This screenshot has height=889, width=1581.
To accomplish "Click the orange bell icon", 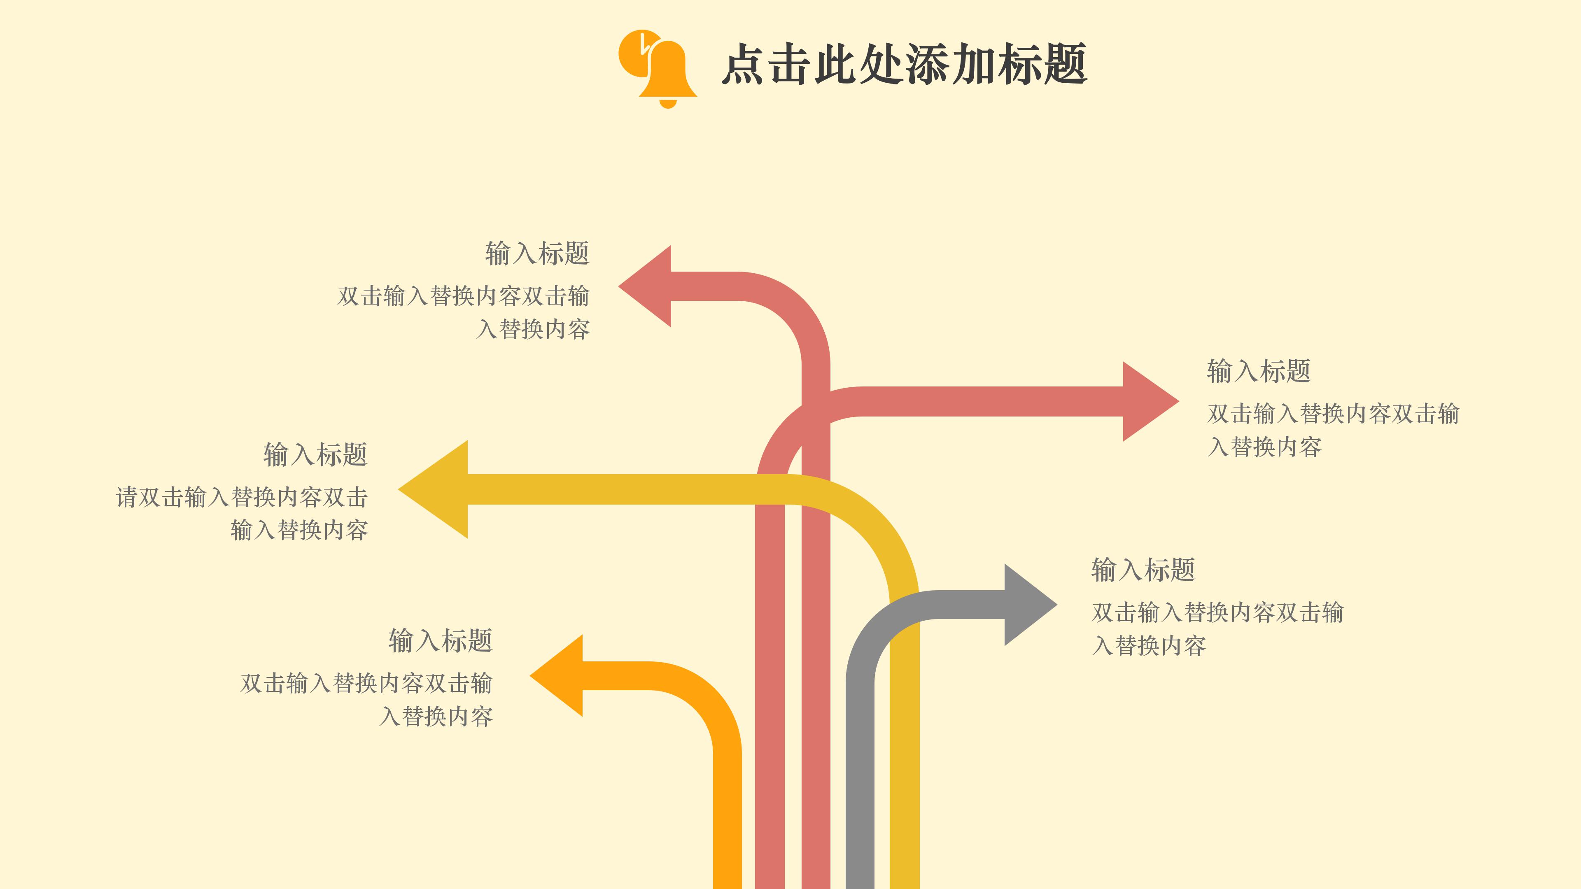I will tap(668, 70).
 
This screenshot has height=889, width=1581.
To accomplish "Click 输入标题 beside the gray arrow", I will tap(1143, 570).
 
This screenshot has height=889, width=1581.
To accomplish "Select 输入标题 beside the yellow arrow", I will tap(315, 455).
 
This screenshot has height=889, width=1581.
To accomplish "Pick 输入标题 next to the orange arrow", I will tap(440, 640).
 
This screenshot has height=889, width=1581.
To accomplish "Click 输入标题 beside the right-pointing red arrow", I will tap(1258, 371).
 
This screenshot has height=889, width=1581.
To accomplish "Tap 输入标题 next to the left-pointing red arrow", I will tap(537, 254).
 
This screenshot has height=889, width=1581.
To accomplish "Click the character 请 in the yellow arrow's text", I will tap(126, 497).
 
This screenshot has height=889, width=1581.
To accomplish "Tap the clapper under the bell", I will tap(668, 104).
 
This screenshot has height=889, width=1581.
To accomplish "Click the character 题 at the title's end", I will tap(1065, 65).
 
